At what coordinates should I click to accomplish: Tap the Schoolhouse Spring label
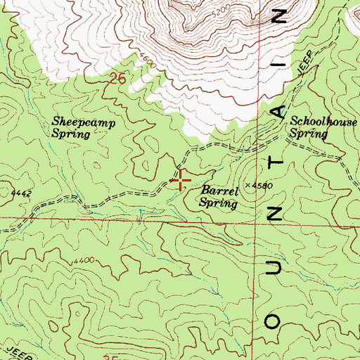click(x=324, y=126)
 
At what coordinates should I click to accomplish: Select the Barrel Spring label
click(x=219, y=195)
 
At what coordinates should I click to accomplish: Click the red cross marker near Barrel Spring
click(x=181, y=181)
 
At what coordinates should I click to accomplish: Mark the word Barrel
click(x=218, y=190)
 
